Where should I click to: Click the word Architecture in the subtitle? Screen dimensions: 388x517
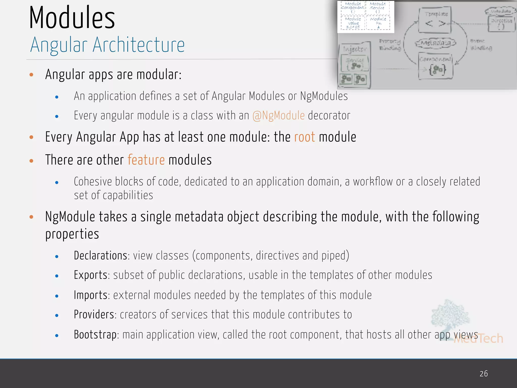139,45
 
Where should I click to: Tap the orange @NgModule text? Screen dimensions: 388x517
278,116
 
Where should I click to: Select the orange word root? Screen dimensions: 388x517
304,137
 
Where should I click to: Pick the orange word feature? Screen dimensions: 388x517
146,160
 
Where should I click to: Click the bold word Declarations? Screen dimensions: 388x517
100,256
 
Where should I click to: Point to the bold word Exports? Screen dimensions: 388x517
91,275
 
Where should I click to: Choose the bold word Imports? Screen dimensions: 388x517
91,295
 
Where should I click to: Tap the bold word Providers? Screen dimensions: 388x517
94,314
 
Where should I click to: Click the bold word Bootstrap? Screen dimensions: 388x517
95,334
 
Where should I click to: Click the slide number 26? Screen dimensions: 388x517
484,374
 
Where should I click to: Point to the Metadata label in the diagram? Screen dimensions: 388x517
435,43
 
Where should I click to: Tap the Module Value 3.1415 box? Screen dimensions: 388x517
353,23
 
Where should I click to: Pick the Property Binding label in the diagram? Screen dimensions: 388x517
390,45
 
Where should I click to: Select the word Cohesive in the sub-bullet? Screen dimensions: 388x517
93,182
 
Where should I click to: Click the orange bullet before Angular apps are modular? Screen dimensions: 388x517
31,75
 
